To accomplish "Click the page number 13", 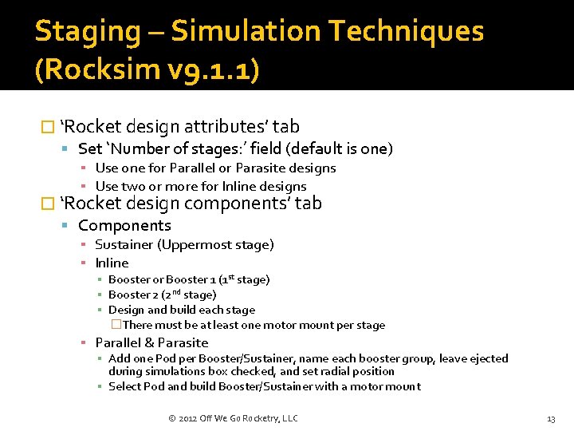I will point(551,418).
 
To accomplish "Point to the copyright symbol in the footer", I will point(172,418).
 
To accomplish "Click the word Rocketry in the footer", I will point(255,418).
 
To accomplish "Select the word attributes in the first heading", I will point(226,127).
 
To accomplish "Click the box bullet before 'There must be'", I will point(116,325).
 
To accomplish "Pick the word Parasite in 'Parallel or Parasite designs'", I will point(262,168).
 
